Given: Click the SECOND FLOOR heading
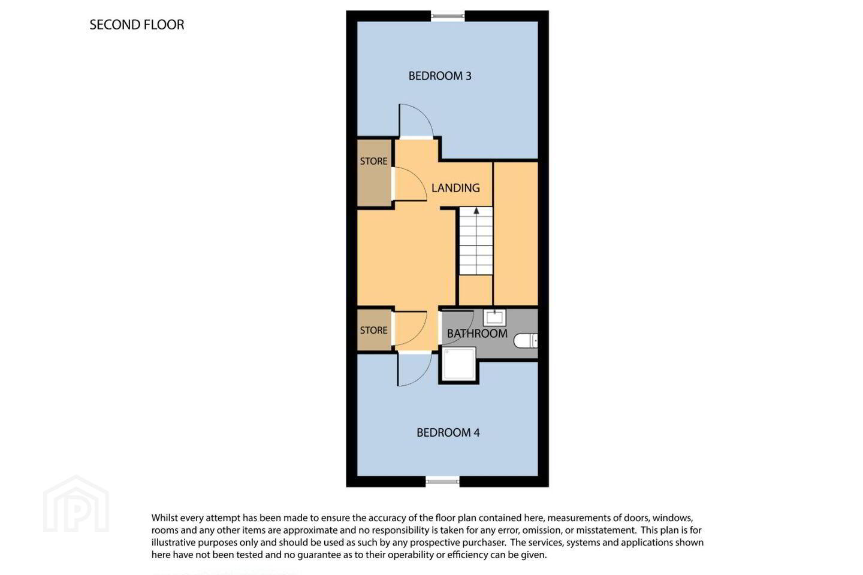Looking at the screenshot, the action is [137, 25].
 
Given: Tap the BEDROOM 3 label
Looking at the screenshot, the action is [440, 76].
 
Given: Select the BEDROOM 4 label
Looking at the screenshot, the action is [448, 432].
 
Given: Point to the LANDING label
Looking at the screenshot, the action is [455, 188].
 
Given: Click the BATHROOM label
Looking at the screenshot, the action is [477, 334].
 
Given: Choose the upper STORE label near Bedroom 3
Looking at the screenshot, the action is [374, 161].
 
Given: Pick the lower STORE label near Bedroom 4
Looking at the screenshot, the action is [374, 330].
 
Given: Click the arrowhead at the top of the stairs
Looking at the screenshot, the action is [476, 211].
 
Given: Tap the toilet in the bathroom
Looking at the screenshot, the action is [526, 341].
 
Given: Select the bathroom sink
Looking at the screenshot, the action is [494, 317].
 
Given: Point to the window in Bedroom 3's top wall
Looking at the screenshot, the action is [448, 16].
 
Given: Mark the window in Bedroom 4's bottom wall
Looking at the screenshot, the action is [442, 481].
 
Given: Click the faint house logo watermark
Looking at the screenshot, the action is [76, 504].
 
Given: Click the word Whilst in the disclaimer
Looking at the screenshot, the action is [164, 518].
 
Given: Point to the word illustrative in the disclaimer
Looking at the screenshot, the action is [173, 543].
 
